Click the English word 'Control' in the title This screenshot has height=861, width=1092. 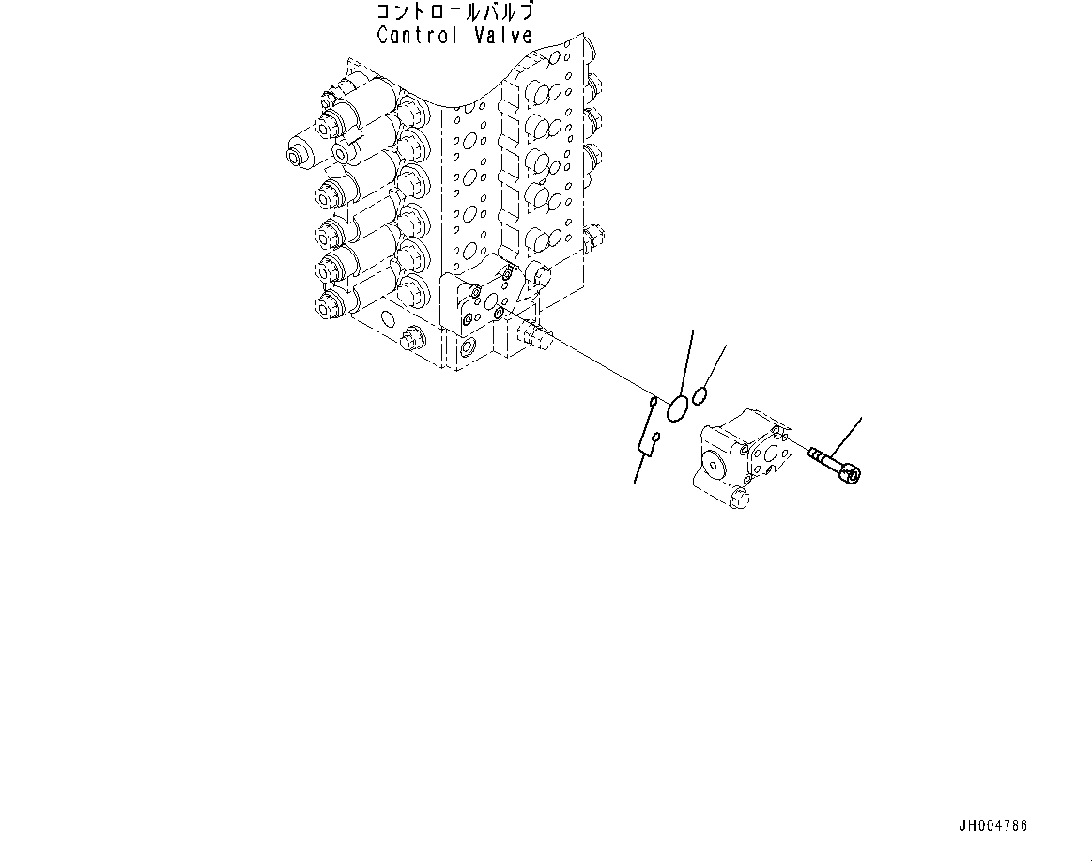point(417,36)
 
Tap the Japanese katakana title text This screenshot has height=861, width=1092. point(454,13)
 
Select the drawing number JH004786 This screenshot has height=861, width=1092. point(992,826)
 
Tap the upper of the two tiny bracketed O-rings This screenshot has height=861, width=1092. point(651,405)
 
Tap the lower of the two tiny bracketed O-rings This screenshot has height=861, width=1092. point(657,437)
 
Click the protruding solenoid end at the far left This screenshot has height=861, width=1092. point(300,148)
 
